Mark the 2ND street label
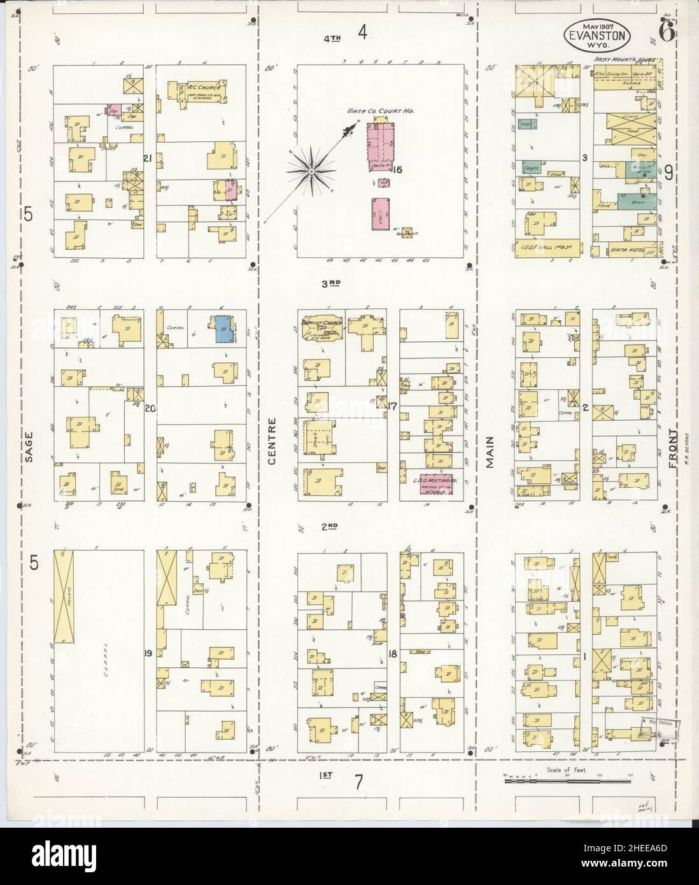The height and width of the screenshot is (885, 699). tap(328, 526)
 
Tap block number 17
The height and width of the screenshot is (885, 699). tap(393, 404)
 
